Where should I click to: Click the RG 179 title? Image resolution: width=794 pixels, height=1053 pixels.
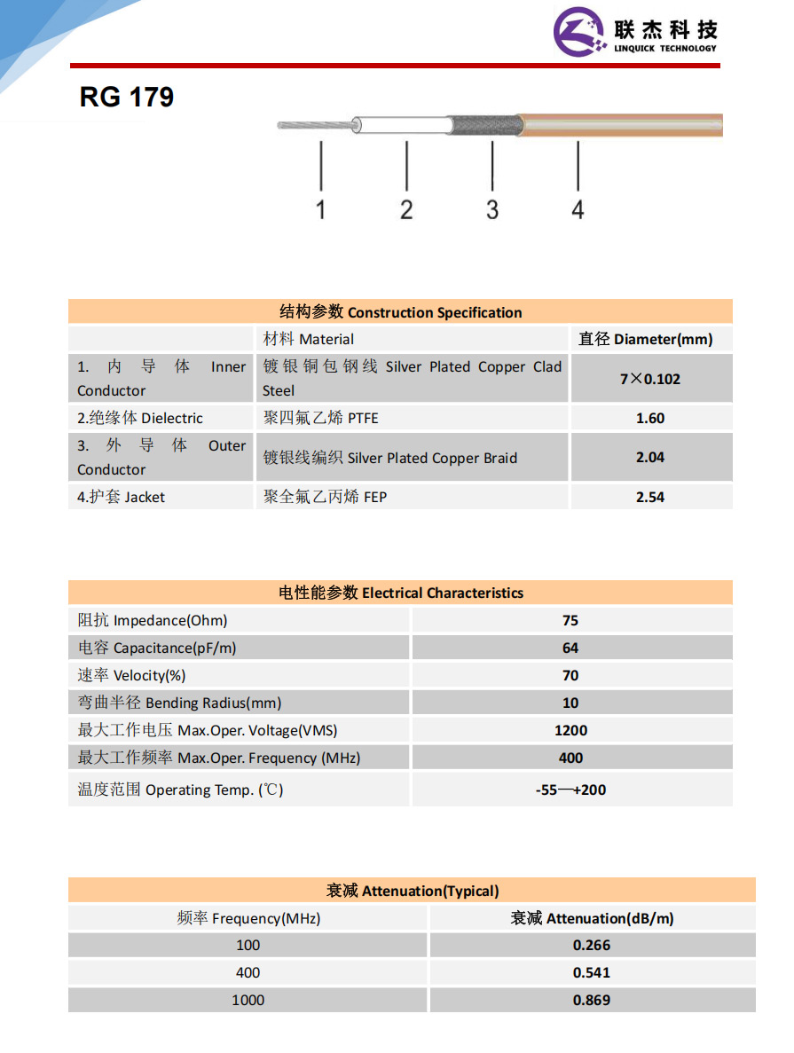[127, 97]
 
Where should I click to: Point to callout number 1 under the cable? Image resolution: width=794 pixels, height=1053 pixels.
[320, 209]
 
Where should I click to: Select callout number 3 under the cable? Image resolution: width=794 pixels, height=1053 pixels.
[492, 209]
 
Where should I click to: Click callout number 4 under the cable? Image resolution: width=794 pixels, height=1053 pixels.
[578, 209]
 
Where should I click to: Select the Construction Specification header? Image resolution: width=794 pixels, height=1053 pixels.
[401, 312]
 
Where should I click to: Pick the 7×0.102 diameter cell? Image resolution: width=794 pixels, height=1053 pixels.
[650, 379]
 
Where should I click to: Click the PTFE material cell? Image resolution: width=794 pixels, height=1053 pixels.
[321, 418]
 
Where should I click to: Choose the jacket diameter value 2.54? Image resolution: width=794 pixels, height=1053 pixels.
[650, 497]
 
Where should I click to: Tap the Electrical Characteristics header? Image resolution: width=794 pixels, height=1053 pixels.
[401, 593]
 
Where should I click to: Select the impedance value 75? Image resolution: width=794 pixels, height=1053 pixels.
[570, 620]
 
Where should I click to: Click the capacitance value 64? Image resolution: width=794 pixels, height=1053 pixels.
[570, 648]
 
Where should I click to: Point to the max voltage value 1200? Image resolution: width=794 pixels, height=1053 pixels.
[570, 730]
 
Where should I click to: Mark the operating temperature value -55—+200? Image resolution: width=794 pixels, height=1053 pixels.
[570, 790]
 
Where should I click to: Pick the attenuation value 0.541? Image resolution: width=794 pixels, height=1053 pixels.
[592, 972]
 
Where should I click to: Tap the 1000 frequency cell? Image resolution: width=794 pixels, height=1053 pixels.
[248, 1000]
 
